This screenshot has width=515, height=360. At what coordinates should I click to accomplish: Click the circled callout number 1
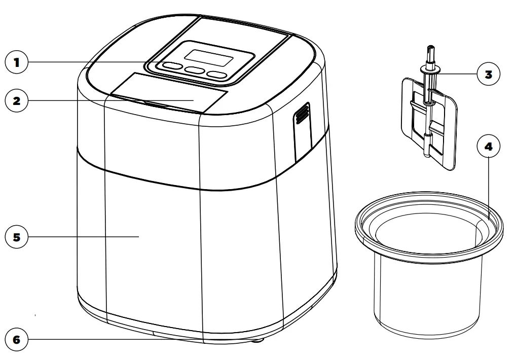click(16, 63)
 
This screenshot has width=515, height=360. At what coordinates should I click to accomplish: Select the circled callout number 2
click(16, 100)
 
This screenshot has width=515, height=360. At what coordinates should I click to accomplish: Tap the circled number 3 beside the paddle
click(488, 74)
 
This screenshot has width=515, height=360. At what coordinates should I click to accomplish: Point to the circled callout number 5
click(16, 237)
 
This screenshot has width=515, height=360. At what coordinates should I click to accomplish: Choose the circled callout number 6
click(16, 339)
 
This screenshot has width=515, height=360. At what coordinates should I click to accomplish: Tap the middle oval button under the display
click(194, 71)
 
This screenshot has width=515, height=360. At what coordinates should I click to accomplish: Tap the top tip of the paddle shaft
click(430, 49)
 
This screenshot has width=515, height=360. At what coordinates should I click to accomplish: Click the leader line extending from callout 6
click(101, 339)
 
